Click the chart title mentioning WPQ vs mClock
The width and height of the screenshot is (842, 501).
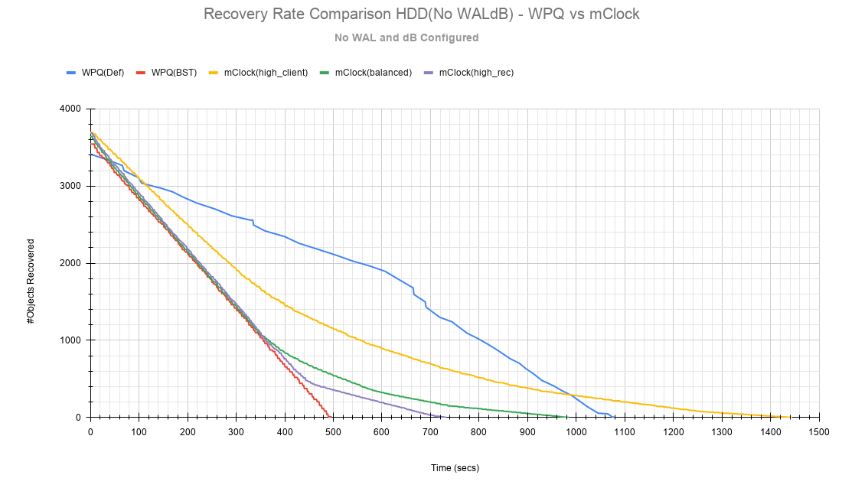coord(421,15)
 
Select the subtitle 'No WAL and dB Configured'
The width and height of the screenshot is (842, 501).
coord(406,37)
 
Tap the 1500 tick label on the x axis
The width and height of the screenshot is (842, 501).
coord(819,432)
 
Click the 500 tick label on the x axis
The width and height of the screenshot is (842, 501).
coord(333,432)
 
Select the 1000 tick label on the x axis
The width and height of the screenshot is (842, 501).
coord(576,432)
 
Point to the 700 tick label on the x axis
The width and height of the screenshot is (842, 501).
coord(430,432)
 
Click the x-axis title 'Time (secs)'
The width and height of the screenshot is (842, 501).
coord(454,468)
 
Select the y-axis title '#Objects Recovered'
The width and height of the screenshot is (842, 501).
coord(31,281)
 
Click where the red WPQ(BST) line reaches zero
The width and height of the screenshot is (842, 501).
coord(329,416)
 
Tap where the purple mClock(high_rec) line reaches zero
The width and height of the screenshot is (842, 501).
coord(441,417)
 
